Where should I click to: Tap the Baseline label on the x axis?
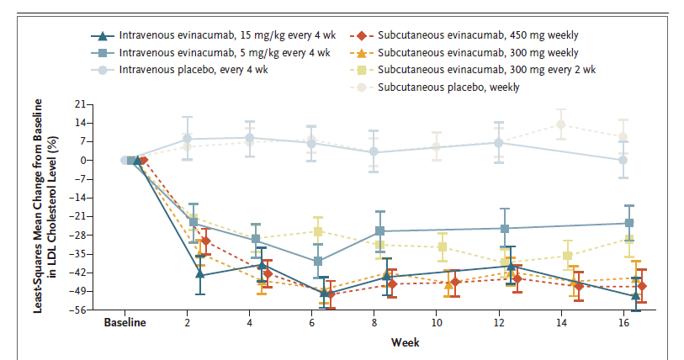tap(125, 322)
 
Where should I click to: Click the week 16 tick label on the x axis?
tap(623, 322)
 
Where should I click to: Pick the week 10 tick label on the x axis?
tap(436, 322)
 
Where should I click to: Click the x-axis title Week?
tap(405, 342)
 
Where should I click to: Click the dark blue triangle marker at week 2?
tap(199, 274)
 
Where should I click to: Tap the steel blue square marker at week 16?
tap(628, 223)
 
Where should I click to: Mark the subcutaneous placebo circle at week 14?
tap(561, 124)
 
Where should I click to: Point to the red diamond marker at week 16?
tap(642, 287)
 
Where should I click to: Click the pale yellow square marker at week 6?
tap(318, 232)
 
